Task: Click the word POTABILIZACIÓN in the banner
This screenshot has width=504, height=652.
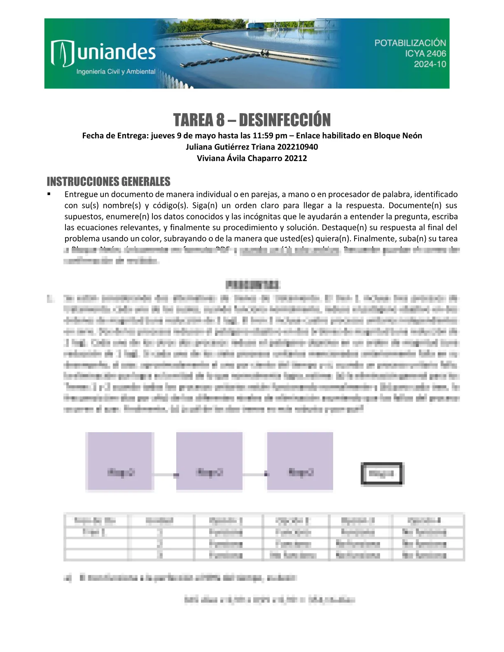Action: (x=410, y=43)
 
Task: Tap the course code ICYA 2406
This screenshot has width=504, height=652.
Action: (x=425, y=54)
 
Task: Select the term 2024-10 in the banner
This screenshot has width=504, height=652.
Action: (x=430, y=64)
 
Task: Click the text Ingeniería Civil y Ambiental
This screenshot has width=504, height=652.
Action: (x=116, y=72)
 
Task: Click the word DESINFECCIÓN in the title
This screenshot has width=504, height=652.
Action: (x=285, y=120)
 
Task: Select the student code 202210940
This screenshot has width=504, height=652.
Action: (x=297, y=147)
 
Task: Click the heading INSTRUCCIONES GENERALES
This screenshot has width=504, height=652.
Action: (x=109, y=182)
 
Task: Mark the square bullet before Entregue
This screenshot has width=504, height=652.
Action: (x=49, y=194)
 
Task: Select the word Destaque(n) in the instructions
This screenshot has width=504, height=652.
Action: (x=343, y=228)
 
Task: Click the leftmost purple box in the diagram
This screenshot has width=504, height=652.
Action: (x=120, y=461)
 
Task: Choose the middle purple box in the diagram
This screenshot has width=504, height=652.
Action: (x=210, y=461)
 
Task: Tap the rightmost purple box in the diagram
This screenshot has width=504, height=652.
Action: (x=300, y=461)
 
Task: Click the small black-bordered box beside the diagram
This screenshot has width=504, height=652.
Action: (x=382, y=474)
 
